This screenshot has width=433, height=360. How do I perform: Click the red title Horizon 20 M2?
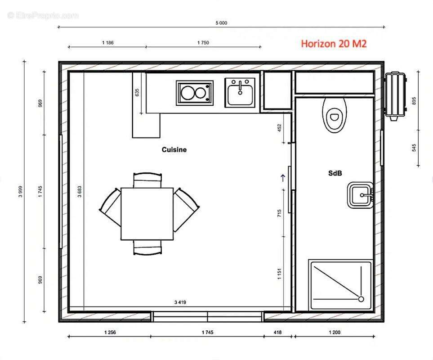(334, 44)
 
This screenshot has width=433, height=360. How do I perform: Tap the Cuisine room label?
(174, 149)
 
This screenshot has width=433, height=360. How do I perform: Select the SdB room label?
(335, 173)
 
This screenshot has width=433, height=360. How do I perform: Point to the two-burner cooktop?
(195, 93)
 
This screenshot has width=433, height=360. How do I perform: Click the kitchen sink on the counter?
(240, 92)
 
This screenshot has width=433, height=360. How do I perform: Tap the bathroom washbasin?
(361, 195)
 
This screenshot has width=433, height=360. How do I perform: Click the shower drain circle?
(361, 299)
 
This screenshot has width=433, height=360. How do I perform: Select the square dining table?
(147, 214)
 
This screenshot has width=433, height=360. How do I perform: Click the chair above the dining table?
(147, 180)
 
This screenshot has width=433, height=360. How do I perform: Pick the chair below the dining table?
(147, 247)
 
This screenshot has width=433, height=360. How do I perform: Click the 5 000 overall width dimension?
(222, 23)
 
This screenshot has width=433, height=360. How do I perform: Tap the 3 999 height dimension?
(20, 191)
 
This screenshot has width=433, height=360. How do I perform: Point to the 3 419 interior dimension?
(180, 302)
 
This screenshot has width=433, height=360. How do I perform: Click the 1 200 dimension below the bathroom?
(335, 332)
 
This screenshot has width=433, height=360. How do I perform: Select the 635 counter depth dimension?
(137, 93)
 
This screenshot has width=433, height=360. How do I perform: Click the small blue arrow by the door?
(283, 178)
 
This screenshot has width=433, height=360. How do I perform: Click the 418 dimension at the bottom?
(277, 332)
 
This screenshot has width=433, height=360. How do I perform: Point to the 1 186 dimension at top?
(108, 43)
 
